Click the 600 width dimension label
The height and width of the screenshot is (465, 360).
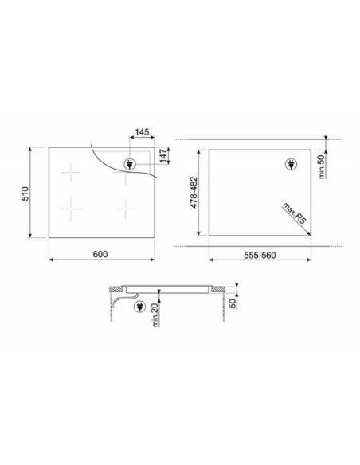100,254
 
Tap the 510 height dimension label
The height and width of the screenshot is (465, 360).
25,193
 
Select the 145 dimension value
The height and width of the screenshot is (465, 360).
142,132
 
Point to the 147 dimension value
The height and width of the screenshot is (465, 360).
163,156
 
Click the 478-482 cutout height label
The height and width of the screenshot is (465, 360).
194,193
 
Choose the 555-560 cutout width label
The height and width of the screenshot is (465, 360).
260,255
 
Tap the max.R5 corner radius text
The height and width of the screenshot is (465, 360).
294,213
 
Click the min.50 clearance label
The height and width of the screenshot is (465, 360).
322,166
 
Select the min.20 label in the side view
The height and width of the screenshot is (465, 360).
155,315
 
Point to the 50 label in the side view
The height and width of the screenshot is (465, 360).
233,303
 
